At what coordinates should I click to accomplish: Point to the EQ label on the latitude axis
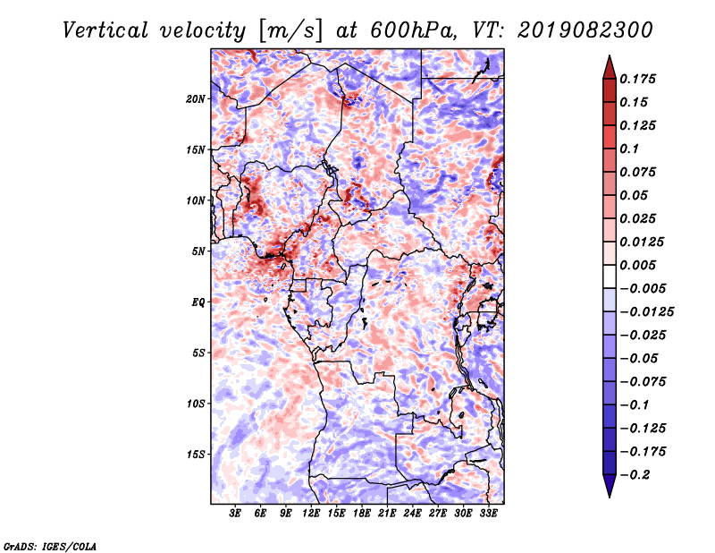point(199,302)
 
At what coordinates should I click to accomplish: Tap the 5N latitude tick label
point(199,251)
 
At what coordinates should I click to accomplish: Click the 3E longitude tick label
point(236,515)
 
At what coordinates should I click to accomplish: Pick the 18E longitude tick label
point(362,515)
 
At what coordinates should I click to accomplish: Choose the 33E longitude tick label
point(488,515)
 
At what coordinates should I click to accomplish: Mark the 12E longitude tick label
point(311,515)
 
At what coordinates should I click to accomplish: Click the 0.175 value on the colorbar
point(640,79)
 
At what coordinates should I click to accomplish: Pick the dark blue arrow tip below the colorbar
point(609,489)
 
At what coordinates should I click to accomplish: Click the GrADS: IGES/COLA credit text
point(49,545)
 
